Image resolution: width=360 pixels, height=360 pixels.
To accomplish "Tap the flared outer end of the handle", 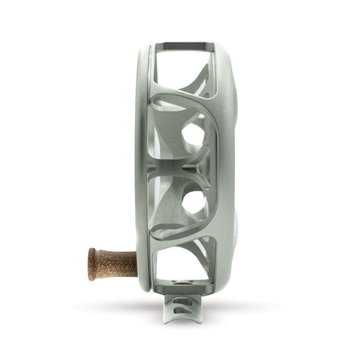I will (92, 264).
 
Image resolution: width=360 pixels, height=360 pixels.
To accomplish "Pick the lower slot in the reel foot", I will (181, 312).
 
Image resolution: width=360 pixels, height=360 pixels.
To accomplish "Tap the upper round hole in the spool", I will (194, 134).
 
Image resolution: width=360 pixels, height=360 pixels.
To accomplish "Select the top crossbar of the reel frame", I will (184, 45).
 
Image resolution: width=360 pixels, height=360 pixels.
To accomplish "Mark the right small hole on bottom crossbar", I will (195, 284).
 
